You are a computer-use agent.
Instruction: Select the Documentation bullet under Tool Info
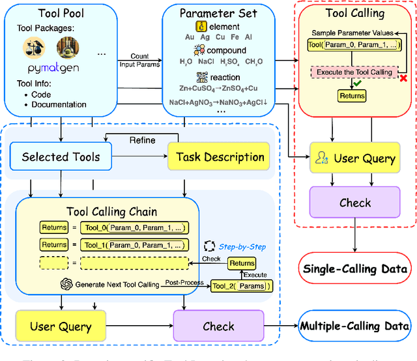[x=59, y=104]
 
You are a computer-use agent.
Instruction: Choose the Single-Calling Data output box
[x=356, y=269]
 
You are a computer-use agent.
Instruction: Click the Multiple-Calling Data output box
[x=354, y=326]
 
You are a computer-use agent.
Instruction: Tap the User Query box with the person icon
[x=355, y=158]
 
